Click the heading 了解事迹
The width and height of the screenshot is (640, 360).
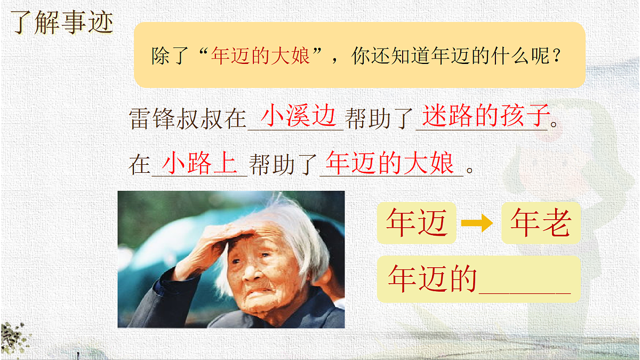click(x=63, y=22)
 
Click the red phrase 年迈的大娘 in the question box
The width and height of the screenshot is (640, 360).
click(x=260, y=55)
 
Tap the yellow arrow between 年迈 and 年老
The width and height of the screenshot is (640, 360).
click(x=477, y=224)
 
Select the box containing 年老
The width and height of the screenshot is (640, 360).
click(x=540, y=223)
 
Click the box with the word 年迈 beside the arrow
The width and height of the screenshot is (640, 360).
click(x=417, y=223)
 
